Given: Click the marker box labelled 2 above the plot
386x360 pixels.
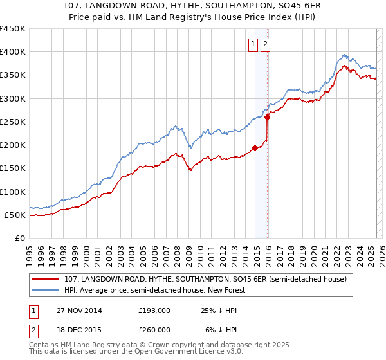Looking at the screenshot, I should (x=265, y=44).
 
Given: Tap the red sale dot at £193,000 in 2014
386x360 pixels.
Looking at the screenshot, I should (x=255, y=148).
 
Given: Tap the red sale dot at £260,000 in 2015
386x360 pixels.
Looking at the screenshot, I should (x=267, y=117).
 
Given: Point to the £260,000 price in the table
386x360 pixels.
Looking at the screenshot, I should (x=154, y=330).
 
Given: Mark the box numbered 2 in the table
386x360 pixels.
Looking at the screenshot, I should (x=32, y=330).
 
